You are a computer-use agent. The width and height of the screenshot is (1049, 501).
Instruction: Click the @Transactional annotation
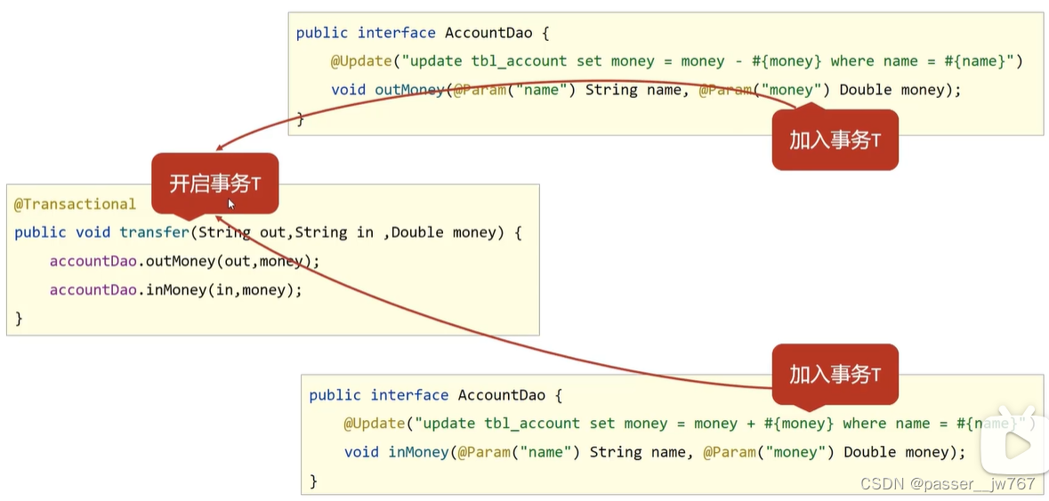pyautogui.click(x=75, y=204)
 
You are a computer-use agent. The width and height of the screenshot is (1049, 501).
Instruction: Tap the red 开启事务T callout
pyautogui.click(x=214, y=183)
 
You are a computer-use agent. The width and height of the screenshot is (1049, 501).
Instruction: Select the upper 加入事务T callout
pyautogui.click(x=835, y=140)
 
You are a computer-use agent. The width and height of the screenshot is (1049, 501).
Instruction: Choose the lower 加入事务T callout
pyautogui.click(x=835, y=375)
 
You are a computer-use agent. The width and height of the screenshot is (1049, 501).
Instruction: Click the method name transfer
pyautogui.click(x=155, y=232)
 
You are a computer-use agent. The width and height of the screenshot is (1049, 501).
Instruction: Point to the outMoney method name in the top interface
pyautogui.click(x=409, y=90)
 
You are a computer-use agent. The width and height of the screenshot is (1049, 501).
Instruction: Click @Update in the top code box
pyautogui.click(x=361, y=61)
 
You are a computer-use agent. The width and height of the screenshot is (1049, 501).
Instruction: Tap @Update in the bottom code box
pyautogui.click(x=374, y=424)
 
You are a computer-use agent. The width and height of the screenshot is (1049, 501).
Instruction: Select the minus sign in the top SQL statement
pyautogui.click(x=738, y=61)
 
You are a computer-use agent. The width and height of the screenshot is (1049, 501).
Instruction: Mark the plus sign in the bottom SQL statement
pyautogui.click(x=752, y=424)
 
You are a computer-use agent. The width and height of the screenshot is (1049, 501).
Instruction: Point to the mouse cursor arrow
pyautogui.click(x=231, y=204)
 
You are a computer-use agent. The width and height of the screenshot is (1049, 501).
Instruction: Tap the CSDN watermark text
pyautogui.click(x=948, y=483)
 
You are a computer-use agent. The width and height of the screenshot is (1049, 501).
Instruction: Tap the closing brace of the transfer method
pyautogui.click(x=19, y=318)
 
